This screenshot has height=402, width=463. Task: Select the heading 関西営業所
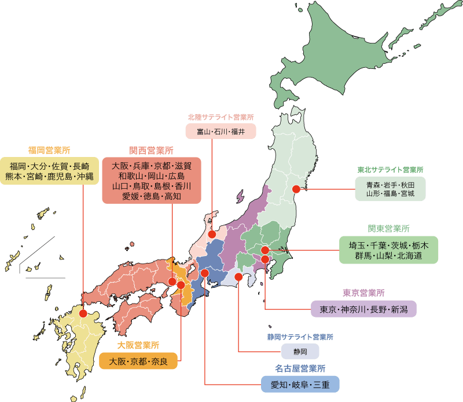click(151, 150)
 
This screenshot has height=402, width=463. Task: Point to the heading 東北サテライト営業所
click(391, 170)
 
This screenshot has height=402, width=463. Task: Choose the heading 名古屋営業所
click(300, 368)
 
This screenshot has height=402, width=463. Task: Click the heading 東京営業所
click(363, 293)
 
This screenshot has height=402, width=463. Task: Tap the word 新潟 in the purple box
click(399, 309)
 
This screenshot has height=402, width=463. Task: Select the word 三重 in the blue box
click(321, 385)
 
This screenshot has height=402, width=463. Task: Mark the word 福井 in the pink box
click(238, 132)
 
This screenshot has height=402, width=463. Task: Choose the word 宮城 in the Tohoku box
click(406, 193)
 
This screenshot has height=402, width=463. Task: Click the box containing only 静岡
click(300, 352)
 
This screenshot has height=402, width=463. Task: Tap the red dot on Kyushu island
click(83, 313)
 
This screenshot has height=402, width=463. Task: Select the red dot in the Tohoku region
click(296, 189)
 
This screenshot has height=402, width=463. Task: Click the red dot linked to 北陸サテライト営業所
click(212, 235)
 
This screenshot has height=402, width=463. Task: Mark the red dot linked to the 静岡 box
click(238, 277)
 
